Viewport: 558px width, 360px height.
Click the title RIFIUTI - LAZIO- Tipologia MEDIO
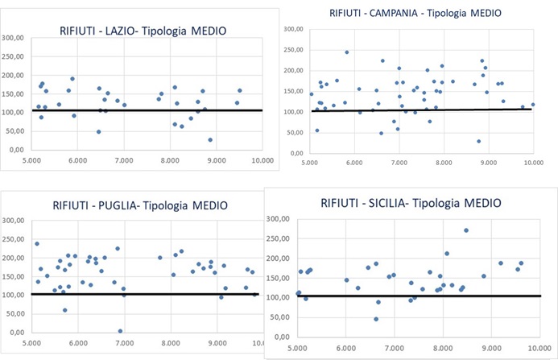click(143, 31)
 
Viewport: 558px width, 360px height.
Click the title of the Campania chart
click(415, 13)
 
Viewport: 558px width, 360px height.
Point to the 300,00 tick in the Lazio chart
click(14, 38)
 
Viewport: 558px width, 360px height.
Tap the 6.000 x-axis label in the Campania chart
click(354, 163)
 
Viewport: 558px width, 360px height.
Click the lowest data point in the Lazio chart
click(210, 139)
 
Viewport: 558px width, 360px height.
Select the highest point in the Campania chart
click(347, 52)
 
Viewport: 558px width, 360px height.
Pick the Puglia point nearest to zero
click(120, 330)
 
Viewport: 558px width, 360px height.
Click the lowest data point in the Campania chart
click(478, 141)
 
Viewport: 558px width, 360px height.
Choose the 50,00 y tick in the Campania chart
click(294, 132)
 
